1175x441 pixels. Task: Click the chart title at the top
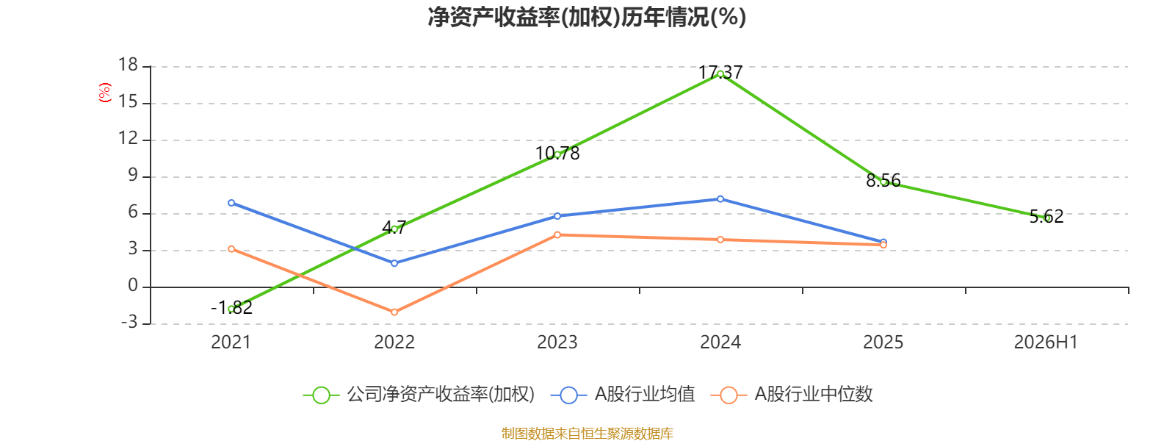coord(587,18)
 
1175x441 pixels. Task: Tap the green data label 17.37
coord(720,73)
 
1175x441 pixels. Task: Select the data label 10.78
coord(557,154)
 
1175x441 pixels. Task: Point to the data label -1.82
coord(231,308)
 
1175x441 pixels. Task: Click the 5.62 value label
coord(1046,216)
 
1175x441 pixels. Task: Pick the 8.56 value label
coord(883,181)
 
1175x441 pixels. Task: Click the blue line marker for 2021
coord(231,203)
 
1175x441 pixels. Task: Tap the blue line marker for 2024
coord(720,199)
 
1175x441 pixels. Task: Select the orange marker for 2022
coord(394,312)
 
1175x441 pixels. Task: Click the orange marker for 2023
coord(557,234)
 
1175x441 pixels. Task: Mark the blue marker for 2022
coord(394,263)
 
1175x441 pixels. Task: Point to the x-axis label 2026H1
coord(1046,343)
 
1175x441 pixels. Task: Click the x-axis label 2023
coord(557,343)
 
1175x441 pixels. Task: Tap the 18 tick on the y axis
coord(128,65)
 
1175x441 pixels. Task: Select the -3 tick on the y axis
coord(129,322)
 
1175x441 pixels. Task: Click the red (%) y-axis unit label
coord(105,93)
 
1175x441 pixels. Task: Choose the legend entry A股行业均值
coord(623,394)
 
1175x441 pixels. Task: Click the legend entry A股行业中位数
coord(792,394)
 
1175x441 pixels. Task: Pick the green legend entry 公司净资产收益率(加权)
coord(419,394)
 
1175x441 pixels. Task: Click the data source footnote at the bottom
coord(587,433)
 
